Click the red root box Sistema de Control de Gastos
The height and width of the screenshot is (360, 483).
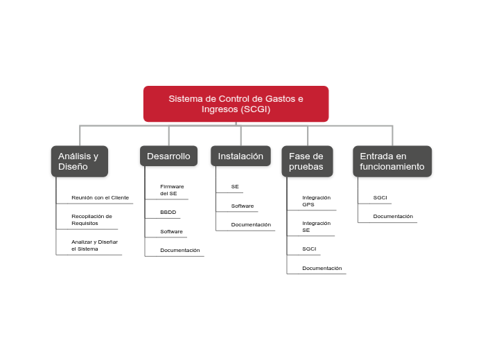(236, 104)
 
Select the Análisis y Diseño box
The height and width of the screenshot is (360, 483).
(78, 161)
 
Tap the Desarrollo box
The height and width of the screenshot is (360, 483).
(168, 156)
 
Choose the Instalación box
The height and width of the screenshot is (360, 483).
(240, 156)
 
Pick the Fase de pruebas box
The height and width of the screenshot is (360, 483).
(306, 161)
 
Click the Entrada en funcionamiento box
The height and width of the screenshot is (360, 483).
(392, 161)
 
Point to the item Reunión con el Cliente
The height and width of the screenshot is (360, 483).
(100, 197)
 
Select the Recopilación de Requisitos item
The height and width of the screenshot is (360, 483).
(91, 219)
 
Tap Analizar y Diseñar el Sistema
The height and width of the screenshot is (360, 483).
(94, 244)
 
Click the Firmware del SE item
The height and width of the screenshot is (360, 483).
(172, 190)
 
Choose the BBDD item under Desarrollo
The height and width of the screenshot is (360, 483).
(168, 212)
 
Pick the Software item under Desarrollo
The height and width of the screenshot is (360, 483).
(171, 231)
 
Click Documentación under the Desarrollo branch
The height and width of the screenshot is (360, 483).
(179, 250)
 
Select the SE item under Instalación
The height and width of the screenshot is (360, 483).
(235, 187)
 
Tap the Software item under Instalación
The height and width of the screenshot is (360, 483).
(243, 206)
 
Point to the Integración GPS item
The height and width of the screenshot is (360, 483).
(316, 201)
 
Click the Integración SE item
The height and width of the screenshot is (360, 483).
(316, 226)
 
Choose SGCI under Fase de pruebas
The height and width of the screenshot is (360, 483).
(309, 248)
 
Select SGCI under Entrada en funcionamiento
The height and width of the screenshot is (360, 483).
(380, 197)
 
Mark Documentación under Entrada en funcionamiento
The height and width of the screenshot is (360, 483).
(393, 216)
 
